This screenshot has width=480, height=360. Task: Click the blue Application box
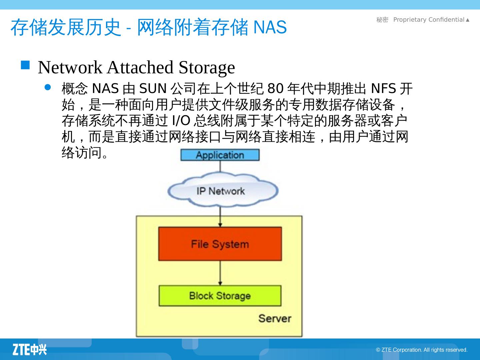(x=220, y=155)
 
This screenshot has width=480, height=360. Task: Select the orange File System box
(x=220, y=244)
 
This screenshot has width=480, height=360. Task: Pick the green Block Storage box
(x=220, y=296)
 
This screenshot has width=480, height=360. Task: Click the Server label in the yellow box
(x=275, y=318)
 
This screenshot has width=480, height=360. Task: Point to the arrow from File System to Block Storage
(x=220, y=273)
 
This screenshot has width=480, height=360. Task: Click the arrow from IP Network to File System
(x=220, y=217)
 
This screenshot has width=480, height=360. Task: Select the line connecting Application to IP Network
(x=220, y=167)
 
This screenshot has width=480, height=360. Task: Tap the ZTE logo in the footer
(x=30, y=349)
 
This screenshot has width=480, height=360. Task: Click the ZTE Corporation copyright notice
(x=422, y=350)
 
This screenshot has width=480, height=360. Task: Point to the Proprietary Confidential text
(x=429, y=20)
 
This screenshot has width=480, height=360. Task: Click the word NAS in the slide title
(x=270, y=27)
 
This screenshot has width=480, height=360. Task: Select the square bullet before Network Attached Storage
(x=25, y=65)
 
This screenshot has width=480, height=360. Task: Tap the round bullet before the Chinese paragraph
(x=48, y=88)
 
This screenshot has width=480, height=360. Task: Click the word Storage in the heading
(x=207, y=67)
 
